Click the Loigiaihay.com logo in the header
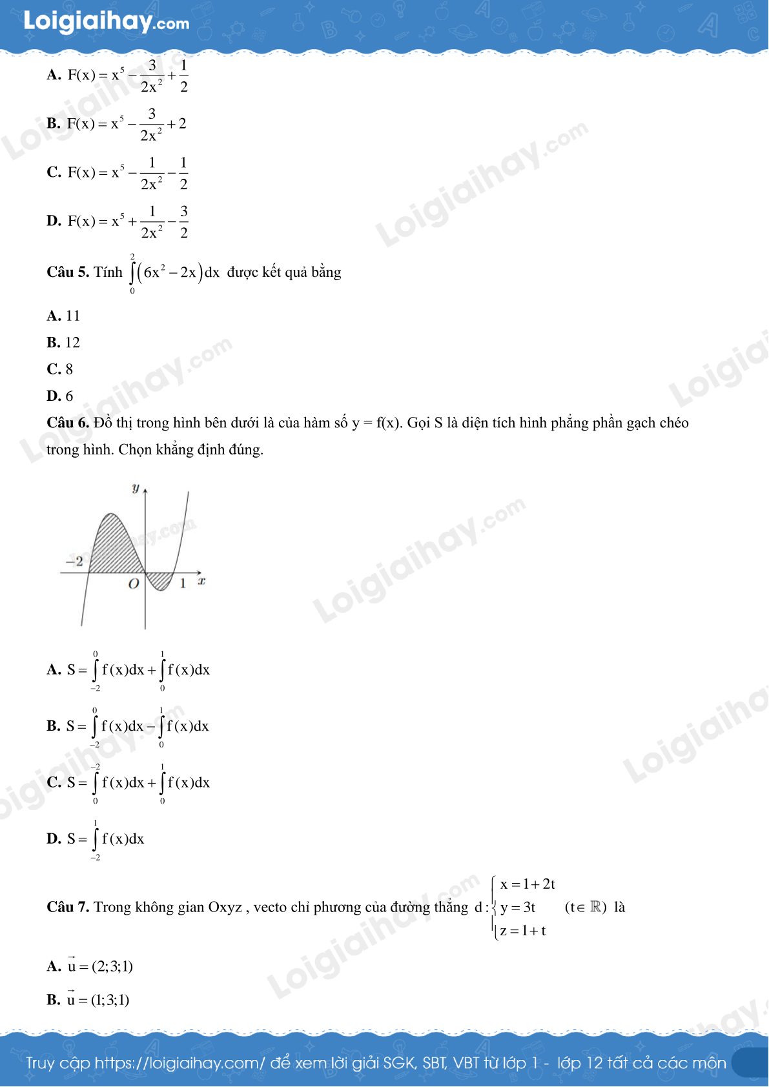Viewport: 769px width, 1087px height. click(107, 22)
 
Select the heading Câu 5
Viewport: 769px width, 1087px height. click(68, 272)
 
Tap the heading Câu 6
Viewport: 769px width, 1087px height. click(68, 423)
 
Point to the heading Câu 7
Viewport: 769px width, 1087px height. click(68, 907)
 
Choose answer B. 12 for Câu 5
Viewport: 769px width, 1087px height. click(63, 343)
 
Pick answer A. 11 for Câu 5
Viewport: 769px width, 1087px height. click(63, 316)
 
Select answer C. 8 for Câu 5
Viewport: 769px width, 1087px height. click(60, 369)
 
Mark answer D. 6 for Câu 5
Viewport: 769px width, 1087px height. click(60, 396)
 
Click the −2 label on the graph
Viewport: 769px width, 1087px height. click(75, 562)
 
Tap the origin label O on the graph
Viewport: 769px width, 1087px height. click(134, 584)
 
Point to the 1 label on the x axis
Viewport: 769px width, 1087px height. click(183, 584)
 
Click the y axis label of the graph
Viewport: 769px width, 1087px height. click(136, 489)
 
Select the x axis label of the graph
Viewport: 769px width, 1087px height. click(201, 582)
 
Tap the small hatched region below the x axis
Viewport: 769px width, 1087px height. click(159, 580)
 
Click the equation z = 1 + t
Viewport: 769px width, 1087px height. click(523, 931)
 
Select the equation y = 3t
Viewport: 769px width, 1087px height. click(518, 908)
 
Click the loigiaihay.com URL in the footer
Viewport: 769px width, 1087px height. click(179, 1063)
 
